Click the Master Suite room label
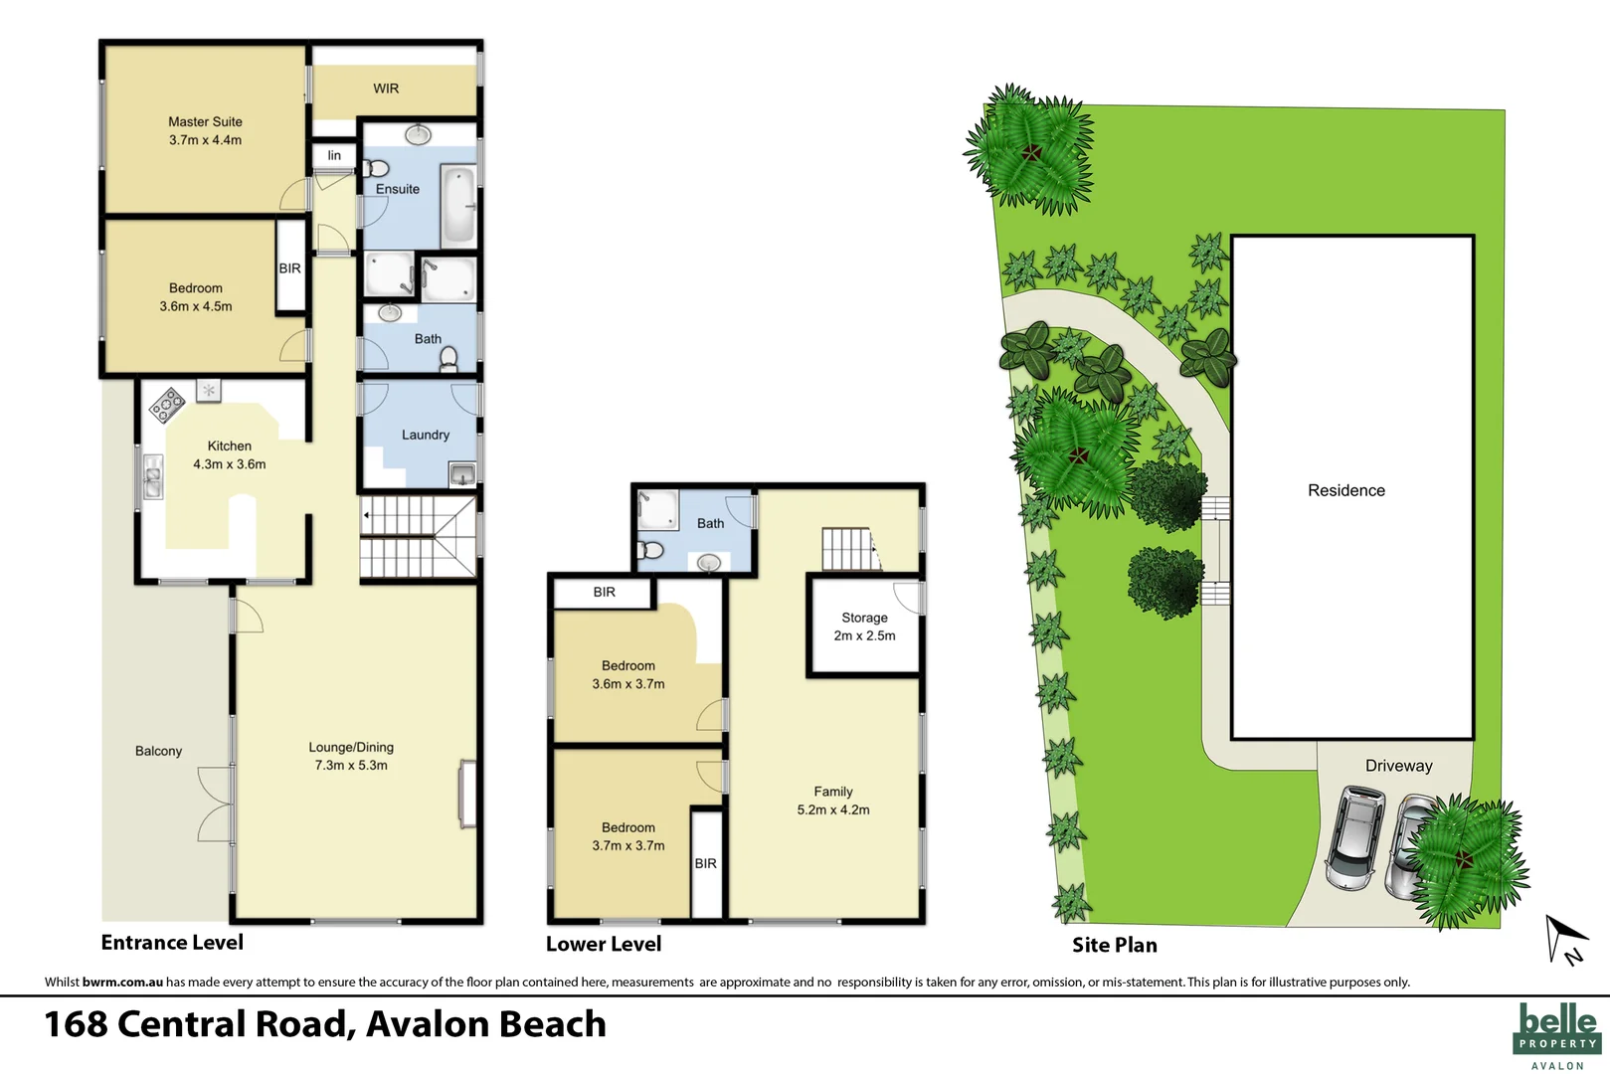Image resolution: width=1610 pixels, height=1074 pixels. tap(205, 122)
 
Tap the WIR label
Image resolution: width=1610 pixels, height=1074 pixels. tap(386, 89)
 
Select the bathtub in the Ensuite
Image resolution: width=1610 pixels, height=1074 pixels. tap(458, 206)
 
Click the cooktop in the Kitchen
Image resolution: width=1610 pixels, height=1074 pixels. tap(167, 404)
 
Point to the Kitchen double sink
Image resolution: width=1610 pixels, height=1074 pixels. tap(152, 476)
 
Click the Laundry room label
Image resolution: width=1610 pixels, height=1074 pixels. tap(425, 435)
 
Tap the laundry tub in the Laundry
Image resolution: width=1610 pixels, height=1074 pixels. tap(462, 474)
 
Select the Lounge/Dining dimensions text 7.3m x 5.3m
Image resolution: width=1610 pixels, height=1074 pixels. tap(351, 765)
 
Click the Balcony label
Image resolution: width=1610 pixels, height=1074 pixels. tap(158, 751)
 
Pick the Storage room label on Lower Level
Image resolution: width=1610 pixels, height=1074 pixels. tap(864, 618)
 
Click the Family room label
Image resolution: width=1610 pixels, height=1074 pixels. tap(832, 792)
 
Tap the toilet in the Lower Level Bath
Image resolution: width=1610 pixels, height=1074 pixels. tap(650, 550)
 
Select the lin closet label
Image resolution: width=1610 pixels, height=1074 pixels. tap(334, 155)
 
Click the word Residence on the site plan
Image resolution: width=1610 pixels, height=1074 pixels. tap(1345, 490)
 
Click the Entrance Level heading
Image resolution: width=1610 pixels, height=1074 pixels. tap(172, 942)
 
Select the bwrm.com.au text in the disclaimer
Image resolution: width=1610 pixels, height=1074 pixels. tap(122, 982)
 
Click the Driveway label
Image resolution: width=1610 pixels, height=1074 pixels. tap(1398, 766)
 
